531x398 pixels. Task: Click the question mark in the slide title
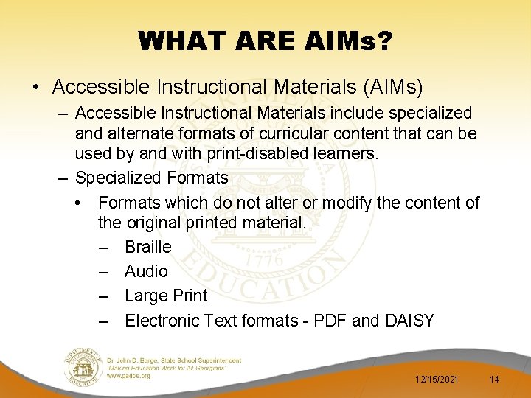(383, 41)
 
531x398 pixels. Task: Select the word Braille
(147, 247)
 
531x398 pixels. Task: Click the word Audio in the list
(146, 271)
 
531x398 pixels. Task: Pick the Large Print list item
(166, 296)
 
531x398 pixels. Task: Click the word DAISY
(409, 321)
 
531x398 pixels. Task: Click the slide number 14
(494, 379)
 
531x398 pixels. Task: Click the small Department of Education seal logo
(83, 366)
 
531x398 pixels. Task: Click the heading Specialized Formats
(151, 178)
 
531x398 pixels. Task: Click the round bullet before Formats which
(77, 203)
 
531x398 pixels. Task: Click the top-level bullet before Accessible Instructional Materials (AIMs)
(36, 87)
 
